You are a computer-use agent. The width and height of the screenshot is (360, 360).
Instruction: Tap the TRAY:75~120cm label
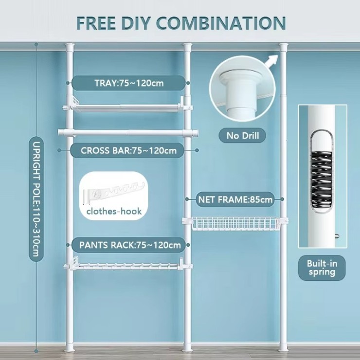click(x=128, y=83)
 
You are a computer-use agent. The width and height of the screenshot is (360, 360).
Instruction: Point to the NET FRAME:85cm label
click(x=235, y=199)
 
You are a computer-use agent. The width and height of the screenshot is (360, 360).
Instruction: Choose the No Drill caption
click(x=242, y=135)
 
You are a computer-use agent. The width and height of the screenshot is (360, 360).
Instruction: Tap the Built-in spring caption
click(x=322, y=268)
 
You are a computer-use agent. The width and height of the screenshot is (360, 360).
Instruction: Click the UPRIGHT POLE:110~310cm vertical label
click(x=36, y=199)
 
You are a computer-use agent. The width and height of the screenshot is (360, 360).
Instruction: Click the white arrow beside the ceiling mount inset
click(x=271, y=61)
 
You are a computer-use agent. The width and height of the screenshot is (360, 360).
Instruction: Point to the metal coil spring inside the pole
click(x=322, y=179)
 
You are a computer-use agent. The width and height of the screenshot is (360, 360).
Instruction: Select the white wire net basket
click(x=235, y=223)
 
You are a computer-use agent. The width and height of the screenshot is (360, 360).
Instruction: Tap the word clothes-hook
click(x=114, y=211)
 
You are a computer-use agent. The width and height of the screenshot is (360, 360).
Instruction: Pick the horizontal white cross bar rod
click(x=128, y=133)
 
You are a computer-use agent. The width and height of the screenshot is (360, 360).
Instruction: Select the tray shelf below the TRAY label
click(x=127, y=107)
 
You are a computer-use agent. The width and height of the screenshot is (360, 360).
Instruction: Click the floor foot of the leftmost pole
click(x=70, y=347)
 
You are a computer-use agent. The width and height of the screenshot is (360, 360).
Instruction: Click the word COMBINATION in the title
click(x=221, y=23)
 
